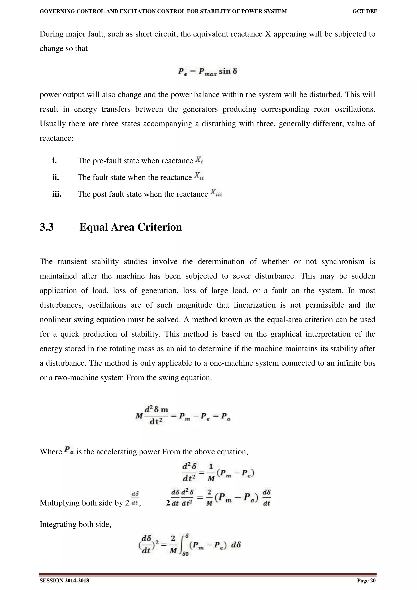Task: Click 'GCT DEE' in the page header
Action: tap(365, 11)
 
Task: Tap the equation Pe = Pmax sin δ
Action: tap(208, 71)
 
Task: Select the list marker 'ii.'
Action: tap(56, 177)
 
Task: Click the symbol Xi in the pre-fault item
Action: tap(199, 160)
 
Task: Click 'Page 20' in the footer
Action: tap(366, 580)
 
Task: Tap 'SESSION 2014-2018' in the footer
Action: tap(64, 580)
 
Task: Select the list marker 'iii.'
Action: tap(57, 194)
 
